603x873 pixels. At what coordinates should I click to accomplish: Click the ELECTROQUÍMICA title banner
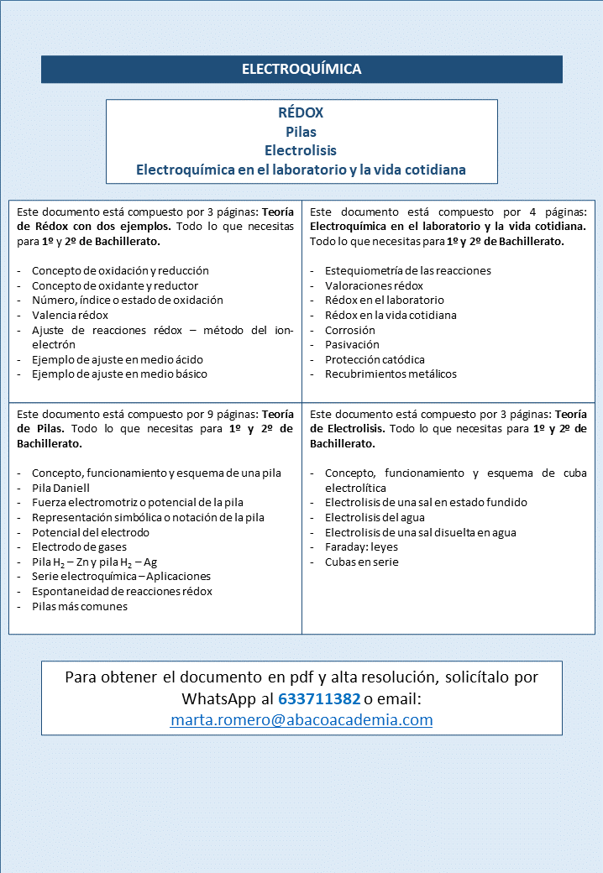click(x=301, y=69)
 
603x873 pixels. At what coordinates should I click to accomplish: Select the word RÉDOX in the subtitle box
click(x=301, y=112)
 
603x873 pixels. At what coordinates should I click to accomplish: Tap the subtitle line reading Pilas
click(x=301, y=132)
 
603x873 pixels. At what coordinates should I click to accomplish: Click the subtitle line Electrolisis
click(x=301, y=151)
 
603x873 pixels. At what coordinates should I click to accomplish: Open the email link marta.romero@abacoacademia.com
click(x=301, y=719)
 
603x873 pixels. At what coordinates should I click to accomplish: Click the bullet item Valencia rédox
click(x=70, y=315)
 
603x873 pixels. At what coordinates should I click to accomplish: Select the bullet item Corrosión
click(x=350, y=330)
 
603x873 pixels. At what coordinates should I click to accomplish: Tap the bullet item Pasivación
click(x=352, y=344)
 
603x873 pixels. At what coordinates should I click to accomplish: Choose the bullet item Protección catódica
click(x=375, y=359)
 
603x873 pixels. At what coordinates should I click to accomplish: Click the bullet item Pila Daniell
click(x=60, y=488)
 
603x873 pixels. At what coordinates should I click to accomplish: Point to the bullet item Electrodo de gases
click(x=80, y=547)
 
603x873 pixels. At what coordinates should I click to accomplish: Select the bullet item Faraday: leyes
click(x=361, y=547)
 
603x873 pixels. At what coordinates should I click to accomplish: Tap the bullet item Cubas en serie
click(x=362, y=562)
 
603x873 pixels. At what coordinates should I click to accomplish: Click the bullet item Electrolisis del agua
click(x=375, y=517)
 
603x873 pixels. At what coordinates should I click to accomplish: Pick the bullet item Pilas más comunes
click(x=80, y=606)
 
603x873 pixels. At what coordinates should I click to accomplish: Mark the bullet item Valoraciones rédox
click(x=374, y=285)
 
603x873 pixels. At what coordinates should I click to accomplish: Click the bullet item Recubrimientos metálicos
click(x=391, y=374)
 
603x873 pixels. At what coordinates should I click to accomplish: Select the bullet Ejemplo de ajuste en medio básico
click(x=119, y=374)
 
